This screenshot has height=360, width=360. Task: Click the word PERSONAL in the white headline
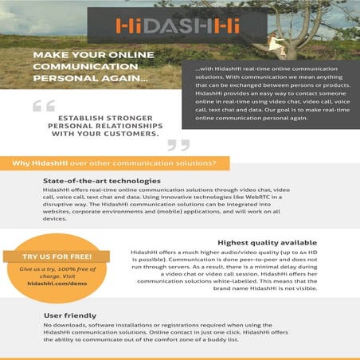[64, 80]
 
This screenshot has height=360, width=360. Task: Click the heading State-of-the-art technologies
[96, 182]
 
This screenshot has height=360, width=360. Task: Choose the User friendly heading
[69, 315]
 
